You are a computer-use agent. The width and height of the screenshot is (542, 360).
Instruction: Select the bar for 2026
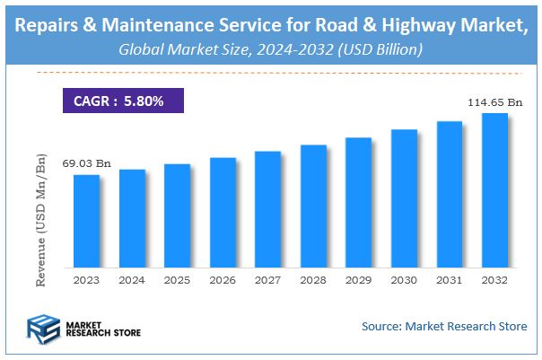point(223,213)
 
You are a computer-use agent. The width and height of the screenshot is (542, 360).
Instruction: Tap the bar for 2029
point(359,203)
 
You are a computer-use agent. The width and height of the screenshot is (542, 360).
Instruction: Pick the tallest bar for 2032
point(494,190)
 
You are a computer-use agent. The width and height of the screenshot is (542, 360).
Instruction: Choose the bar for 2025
point(178,215)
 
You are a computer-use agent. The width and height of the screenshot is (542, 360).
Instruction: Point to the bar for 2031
point(450,195)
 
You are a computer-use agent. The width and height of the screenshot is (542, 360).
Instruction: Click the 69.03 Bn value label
point(86,163)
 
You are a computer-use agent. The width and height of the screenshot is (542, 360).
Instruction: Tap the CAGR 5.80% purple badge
point(123,101)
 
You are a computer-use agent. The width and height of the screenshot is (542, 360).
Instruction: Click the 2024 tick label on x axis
point(132,280)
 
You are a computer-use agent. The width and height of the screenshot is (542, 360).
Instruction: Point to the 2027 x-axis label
point(268,280)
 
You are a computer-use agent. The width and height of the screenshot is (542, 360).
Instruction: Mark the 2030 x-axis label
point(404,280)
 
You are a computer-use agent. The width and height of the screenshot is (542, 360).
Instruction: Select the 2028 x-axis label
point(313,280)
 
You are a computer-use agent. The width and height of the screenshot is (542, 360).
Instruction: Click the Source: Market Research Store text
point(444,325)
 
